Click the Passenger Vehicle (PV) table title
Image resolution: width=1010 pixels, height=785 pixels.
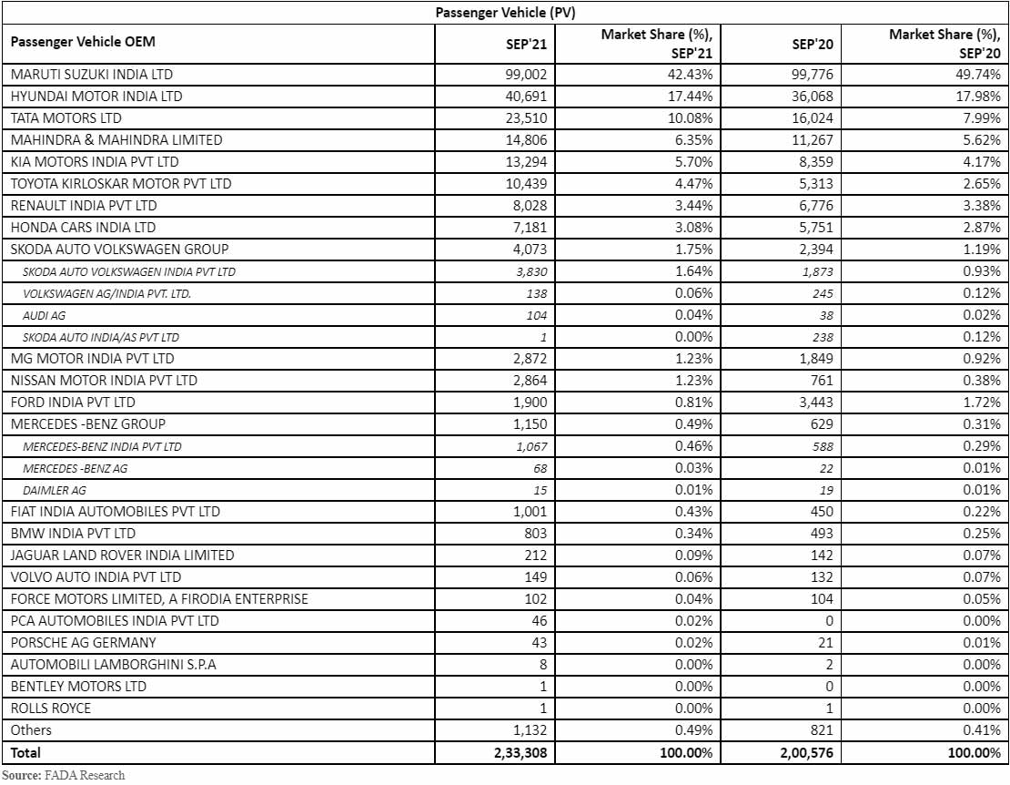coord(505,12)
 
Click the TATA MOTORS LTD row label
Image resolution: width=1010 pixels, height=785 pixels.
coord(66,117)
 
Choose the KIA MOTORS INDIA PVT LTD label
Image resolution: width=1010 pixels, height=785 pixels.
coord(95,161)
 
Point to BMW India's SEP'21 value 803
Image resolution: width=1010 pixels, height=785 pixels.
coord(534,533)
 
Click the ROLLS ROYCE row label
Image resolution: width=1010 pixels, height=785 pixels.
coord(51,708)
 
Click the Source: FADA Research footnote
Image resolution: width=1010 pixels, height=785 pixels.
coord(63,775)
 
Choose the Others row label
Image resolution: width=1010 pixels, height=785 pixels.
coord(31,729)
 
